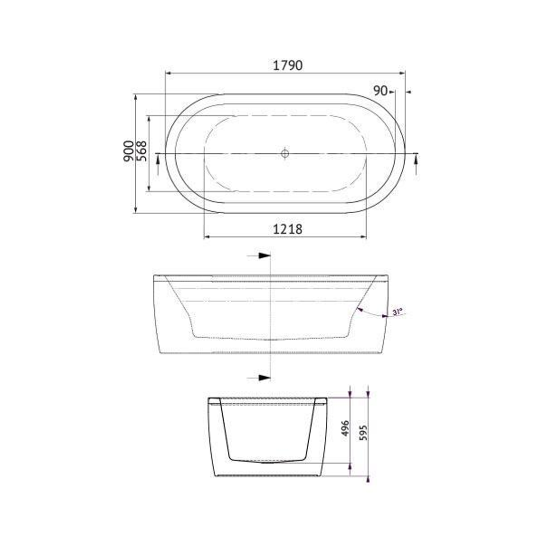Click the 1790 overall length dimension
(288, 65)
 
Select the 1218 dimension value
(288, 229)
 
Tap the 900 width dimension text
(129, 151)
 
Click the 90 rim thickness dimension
(381, 90)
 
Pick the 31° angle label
(398, 312)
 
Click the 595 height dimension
(364, 432)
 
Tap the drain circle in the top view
(285, 152)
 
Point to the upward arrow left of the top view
(159, 160)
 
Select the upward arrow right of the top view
(416, 160)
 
